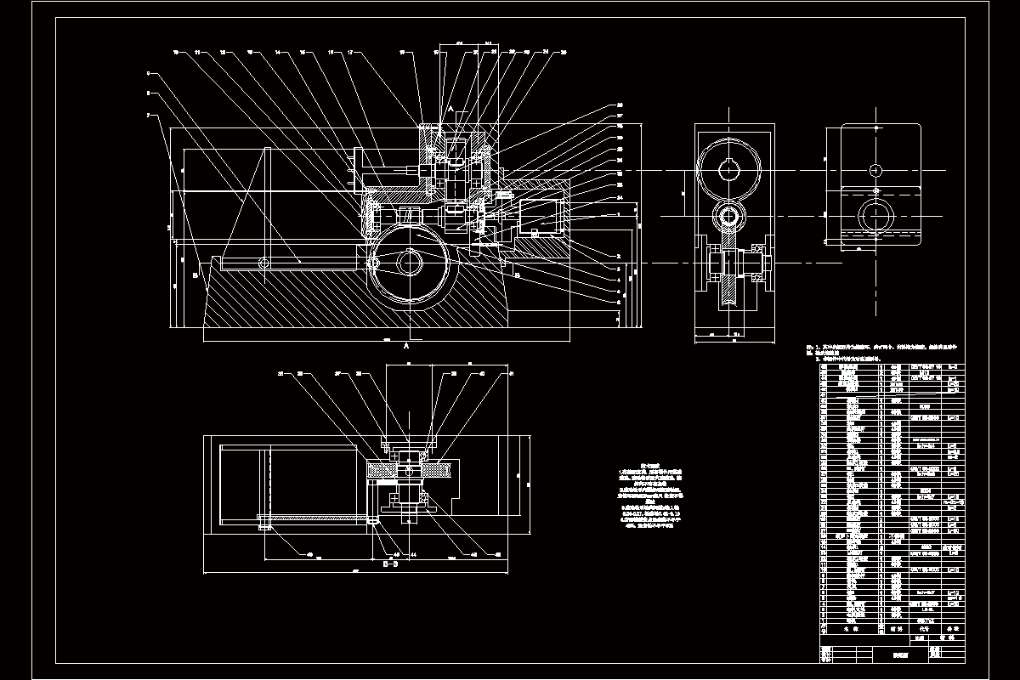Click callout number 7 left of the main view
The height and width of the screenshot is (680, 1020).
[148, 114]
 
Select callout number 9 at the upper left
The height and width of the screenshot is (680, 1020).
[148, 73]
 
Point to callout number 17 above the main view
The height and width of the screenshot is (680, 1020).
[350, 52]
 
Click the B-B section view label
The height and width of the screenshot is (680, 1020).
[391, 564]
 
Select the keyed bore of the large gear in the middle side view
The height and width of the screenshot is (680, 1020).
[728, 170]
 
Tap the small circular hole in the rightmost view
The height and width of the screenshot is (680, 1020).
[874, 168]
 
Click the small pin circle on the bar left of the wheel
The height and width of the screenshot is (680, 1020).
[264, 262]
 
